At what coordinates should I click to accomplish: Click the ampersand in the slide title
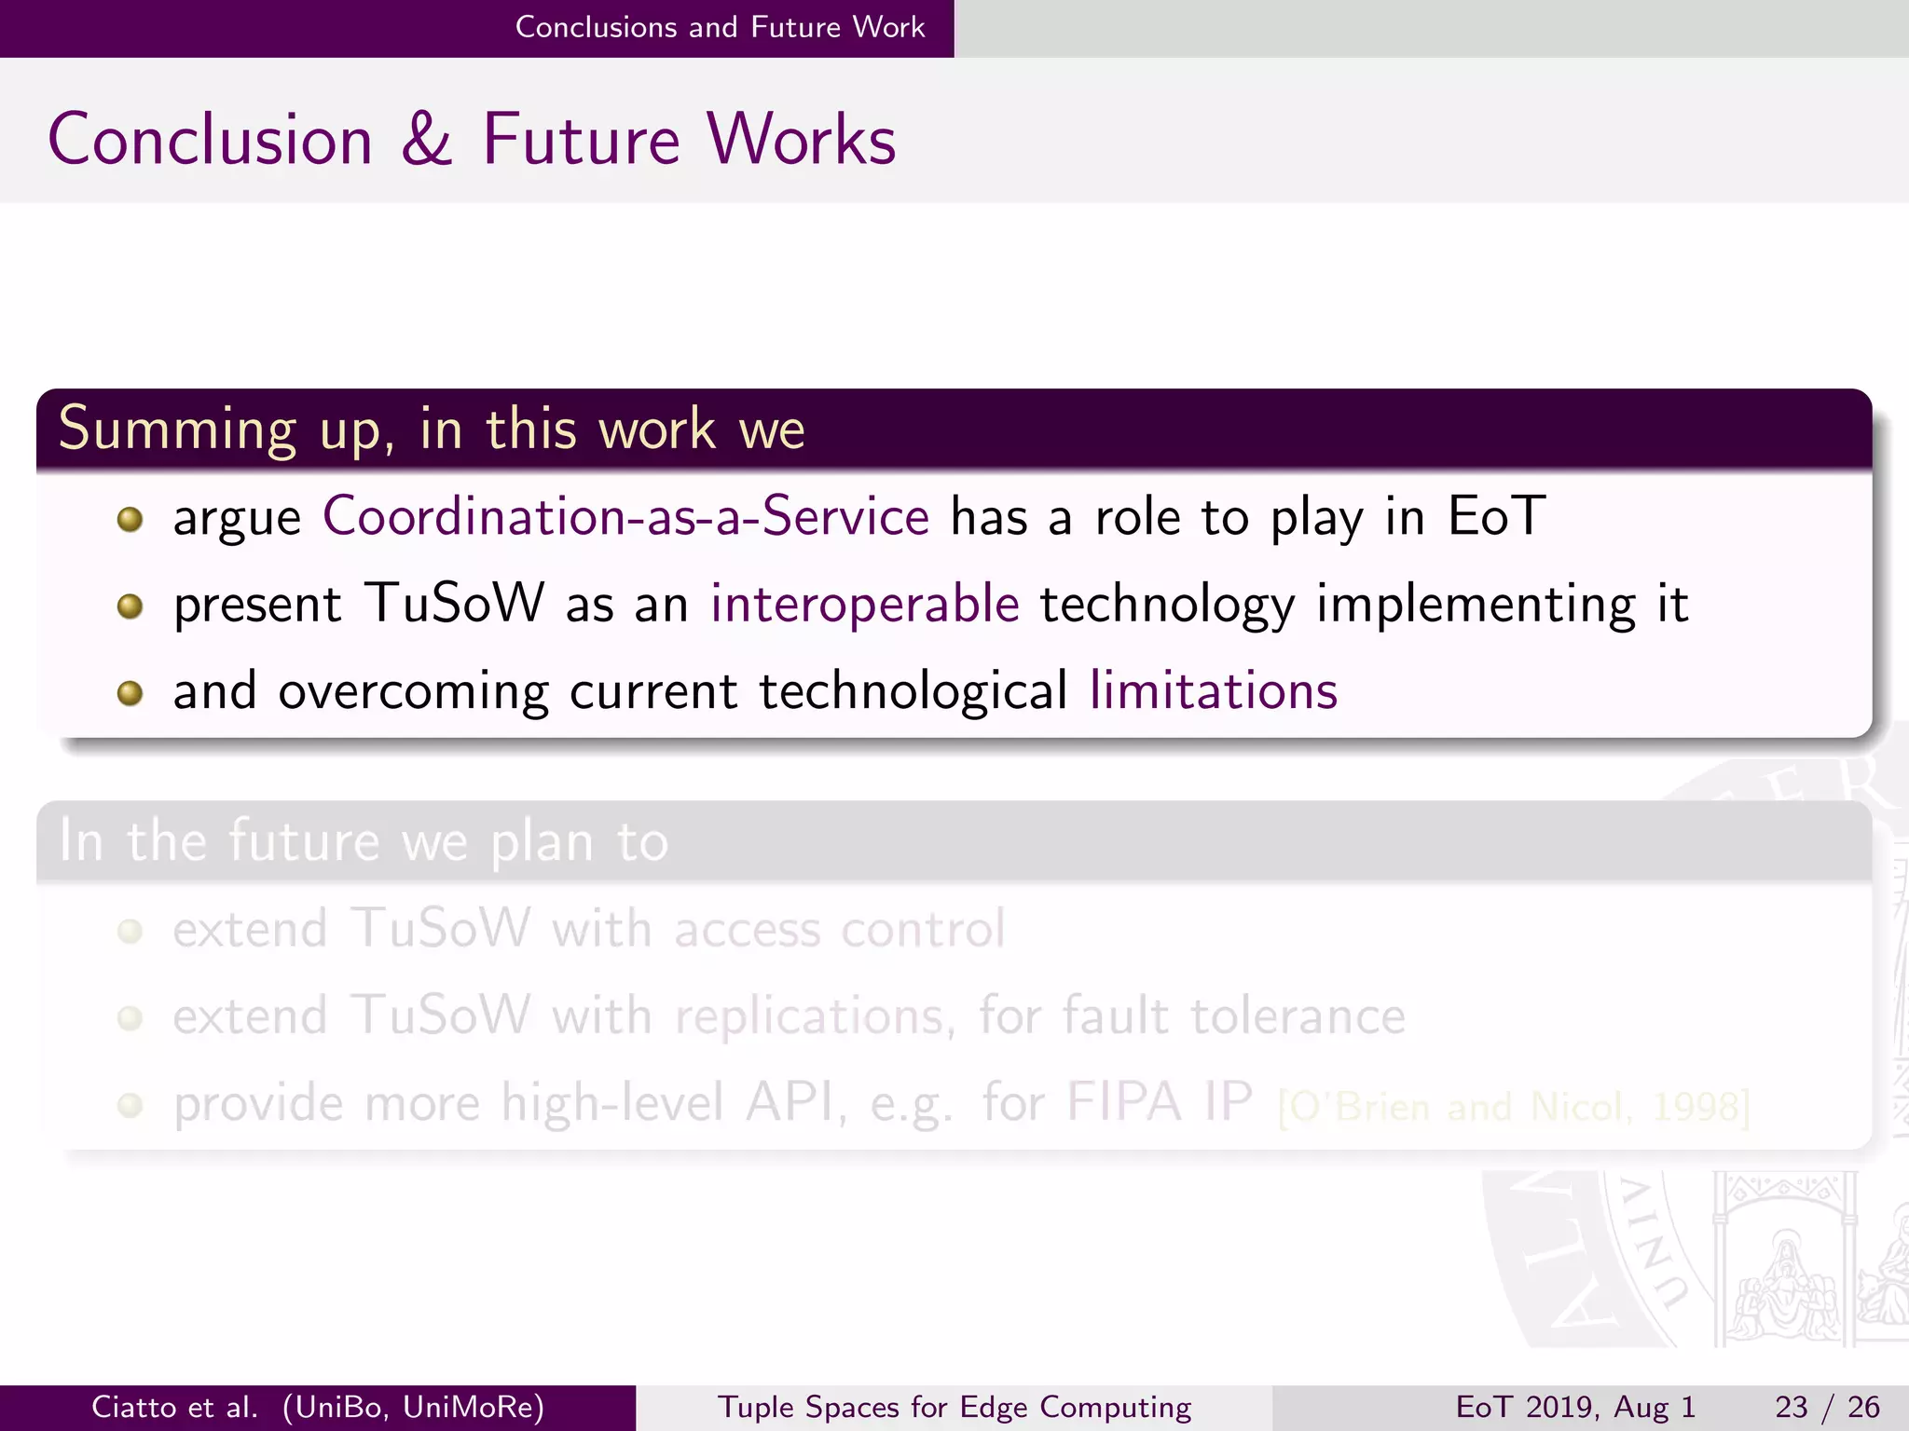[x=427, y=140]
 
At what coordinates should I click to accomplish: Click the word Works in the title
[x=801, y=140]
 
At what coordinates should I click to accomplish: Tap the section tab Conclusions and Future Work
[x=720, y=27]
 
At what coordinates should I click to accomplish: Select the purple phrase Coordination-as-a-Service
[x=625, y=516]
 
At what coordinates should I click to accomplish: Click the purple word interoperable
[x=865, y=604]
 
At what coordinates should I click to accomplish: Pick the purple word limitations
[x=1213, y=691]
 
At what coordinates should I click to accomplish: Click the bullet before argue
[x=130, y=519]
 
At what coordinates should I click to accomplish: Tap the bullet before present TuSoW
[x=130, y=606]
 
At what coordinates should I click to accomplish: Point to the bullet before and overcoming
[x=130, y=693]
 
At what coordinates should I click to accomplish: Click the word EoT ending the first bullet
[x=1496, y=516]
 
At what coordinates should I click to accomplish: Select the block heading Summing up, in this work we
[x=432, y=429]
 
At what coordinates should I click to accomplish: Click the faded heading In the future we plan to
[x=364, y=841]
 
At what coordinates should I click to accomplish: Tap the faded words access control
[x=839, y=929]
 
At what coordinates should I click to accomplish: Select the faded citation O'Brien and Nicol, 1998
[x=1514, y=1107]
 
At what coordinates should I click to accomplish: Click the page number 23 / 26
[x=1826, y=1407]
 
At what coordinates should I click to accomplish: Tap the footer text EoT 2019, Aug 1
[x=1574, y=1407]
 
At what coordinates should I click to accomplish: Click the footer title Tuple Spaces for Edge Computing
[x=954, y=1407]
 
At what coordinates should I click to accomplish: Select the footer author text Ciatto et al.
[x=174, y=1407]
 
